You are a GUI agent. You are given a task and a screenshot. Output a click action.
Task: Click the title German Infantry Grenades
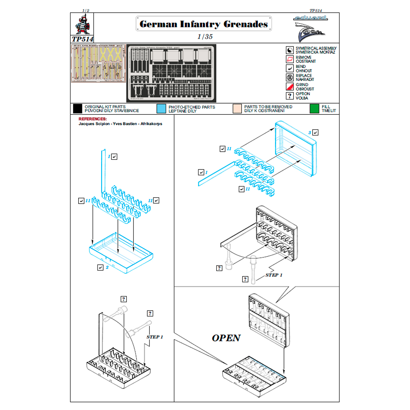pyautogui.click(x=204, y=24)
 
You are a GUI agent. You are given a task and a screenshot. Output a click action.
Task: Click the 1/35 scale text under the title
pyautogui.click(x=205, y=37)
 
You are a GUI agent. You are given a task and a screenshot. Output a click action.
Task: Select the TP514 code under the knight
pyautogui.click(x=82, y=39)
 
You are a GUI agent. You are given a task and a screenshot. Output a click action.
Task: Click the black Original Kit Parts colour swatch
pyautogui.click(x=78, y=109)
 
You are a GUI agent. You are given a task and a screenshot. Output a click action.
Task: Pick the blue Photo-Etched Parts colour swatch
pyautogui.click(x=161, y=109)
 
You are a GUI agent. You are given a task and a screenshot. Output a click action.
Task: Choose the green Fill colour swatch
pyautogui.click(x=314, y=109)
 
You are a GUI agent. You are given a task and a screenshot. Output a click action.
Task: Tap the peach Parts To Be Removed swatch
pyautogui.click(x=237, y=109)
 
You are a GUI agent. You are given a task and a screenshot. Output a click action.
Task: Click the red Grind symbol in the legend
pyautogui.click(x=290, y=87)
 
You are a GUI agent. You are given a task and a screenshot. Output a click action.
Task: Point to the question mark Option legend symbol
pyautogui.click(x=290, y=96)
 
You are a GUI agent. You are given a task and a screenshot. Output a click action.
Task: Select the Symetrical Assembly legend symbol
pyautogui.click(x=290, y=50)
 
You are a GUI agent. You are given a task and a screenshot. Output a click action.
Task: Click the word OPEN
pyautogui.click(x=226, y=338)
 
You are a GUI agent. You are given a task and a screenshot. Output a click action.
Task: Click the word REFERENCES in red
pyautogui.click(x=93, y=119)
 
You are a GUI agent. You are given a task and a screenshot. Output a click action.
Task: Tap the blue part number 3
pyautogui.click(x=310, y=133)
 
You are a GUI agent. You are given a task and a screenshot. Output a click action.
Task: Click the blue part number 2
pyautogui.click(x=107, y=267)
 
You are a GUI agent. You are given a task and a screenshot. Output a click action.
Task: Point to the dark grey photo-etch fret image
pyautogui.click(x=172, y=73)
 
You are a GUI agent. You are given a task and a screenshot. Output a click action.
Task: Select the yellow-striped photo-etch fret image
pyautogui.click(x=98, y=63)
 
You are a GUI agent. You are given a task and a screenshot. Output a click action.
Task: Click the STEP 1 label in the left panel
pyautogui.click(x=155, y=337)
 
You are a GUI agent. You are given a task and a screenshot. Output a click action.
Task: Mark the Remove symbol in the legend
pyautogui.click(x=290, y=59)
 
